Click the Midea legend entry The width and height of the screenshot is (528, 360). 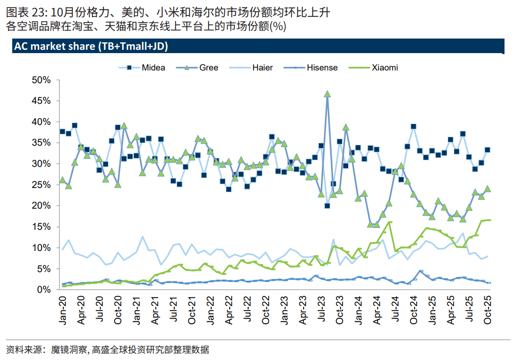click(153, 68)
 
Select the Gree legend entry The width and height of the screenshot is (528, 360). click(209, 68)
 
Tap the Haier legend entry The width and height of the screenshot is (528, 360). click(262, 68)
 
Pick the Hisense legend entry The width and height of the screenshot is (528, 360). click(322, 68)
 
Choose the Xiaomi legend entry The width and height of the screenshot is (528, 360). click(384, 68)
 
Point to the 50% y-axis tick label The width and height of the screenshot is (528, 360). click(41, 80)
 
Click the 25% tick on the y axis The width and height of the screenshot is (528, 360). click(41, 185)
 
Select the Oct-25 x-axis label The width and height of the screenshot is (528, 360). click(488, 311)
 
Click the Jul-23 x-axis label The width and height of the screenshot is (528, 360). click(321, 311)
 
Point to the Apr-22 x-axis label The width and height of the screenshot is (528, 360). click(229, 311)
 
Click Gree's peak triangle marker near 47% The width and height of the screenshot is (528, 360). click(327, 94)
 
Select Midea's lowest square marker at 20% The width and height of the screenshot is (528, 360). click(327, 205)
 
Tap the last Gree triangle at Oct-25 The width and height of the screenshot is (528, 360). click(488, 189)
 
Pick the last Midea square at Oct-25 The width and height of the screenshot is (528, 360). click(488, 150)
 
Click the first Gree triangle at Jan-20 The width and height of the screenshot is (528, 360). click(62, 180)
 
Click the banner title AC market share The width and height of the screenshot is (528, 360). click(91, 47)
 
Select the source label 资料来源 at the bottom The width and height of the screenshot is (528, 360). click(23, 350)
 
